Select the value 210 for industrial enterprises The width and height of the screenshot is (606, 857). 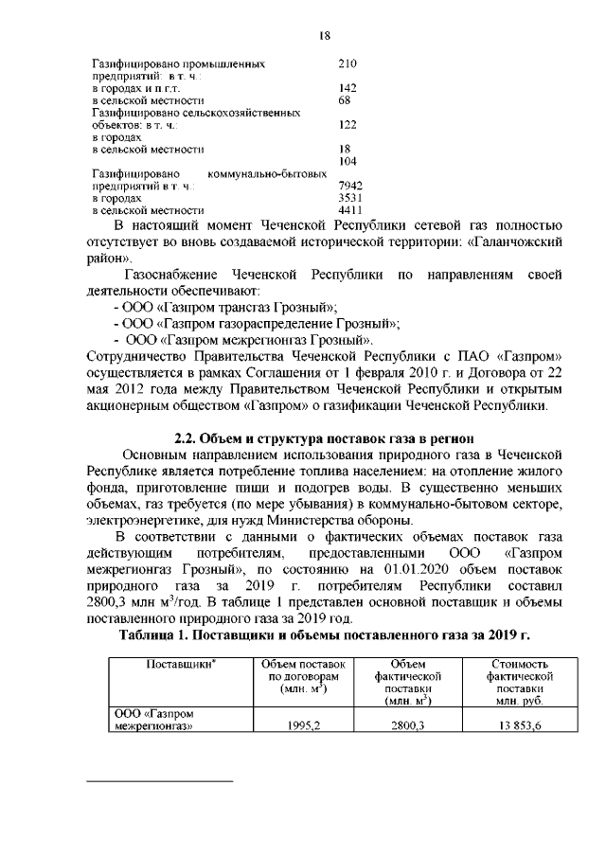point(347,63)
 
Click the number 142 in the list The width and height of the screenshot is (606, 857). point(347,88)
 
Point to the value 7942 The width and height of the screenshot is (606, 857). point(350,187)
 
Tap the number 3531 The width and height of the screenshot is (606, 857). point(350,199)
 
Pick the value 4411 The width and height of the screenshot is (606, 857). point(350,211)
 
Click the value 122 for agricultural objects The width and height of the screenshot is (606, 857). point(347,125)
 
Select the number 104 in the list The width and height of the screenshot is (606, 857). point(347,162)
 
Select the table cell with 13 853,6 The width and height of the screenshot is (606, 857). point(518,726)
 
